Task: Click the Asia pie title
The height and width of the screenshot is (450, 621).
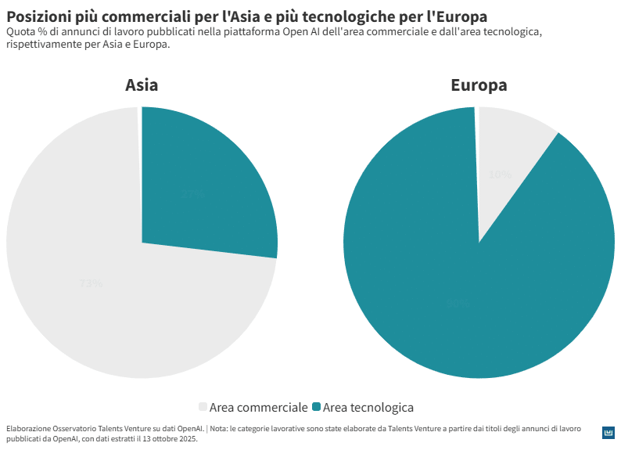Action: [x=142, y=85]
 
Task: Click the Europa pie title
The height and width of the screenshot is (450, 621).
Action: [x=479, y=85]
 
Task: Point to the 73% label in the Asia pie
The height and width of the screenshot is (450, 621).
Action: [x=91, y=283]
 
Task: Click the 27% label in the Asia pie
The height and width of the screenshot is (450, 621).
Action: [x=192, y=193]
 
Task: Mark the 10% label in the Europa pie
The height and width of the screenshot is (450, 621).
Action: [x=500, y=174]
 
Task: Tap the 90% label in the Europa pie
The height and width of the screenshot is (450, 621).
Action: [x=458, y=303]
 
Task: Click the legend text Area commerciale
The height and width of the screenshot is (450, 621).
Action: [x=258, y=407]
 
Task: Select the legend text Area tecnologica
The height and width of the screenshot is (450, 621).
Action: [x=368, y=407]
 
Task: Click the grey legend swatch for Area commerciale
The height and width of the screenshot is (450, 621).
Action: [x=203, y=407]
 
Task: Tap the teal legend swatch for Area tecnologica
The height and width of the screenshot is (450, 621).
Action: [x=316, y=407]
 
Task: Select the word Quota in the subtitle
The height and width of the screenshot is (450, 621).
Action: [x=21, y=32]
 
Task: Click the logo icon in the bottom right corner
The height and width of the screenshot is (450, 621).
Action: [x=608, y=433]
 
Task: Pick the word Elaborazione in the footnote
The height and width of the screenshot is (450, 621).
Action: [x=28, y=429]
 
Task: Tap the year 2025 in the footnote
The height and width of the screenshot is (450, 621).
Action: [x=188, y=439]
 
